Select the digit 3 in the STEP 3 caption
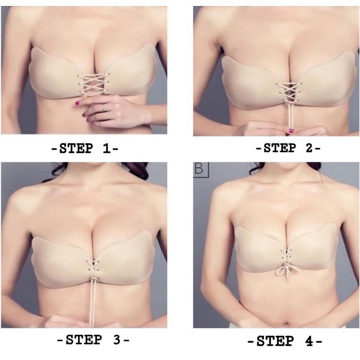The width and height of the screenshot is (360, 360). click(x=117, y=340)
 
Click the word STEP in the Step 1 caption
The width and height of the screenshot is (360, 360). click(x=76, y=148)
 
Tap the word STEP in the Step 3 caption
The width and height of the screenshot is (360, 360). click(x=84, y=340)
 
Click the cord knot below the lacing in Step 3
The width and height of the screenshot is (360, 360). click(x=93, y=279)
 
